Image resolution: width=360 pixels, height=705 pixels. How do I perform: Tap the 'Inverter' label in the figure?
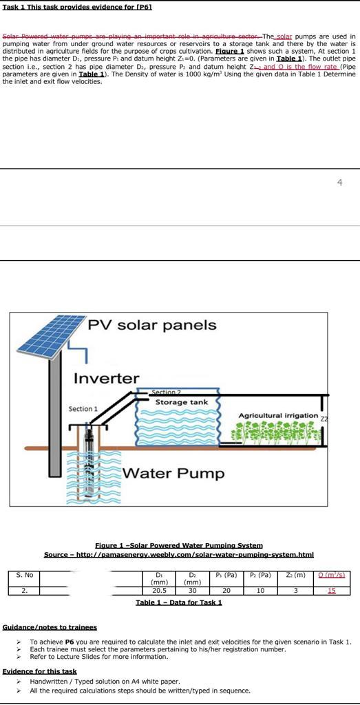click(106, 379)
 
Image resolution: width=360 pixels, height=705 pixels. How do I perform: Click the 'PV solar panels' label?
click(151, 325)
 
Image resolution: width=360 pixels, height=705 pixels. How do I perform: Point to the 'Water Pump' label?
click(173, 474)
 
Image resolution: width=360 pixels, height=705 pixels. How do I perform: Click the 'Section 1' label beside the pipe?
click(83, 409)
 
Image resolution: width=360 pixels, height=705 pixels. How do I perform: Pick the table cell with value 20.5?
click(159, 591)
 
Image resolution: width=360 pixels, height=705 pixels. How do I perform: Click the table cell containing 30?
click(193, 591)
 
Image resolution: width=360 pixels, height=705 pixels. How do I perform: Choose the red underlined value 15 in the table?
click(332, 591)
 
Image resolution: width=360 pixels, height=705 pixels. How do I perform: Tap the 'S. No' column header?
click(24, 575)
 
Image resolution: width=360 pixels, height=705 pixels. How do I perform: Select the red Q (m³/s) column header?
click(332, 575)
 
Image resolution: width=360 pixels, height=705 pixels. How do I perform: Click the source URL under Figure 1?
click(179, 554)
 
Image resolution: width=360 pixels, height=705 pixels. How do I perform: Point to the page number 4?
click(339, 182)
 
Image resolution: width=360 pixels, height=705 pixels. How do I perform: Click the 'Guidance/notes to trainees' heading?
click(50, 627)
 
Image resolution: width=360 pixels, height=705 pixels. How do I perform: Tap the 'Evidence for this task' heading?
click(40, 671)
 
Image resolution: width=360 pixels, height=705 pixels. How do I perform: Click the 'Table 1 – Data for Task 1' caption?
click(179, 602)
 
